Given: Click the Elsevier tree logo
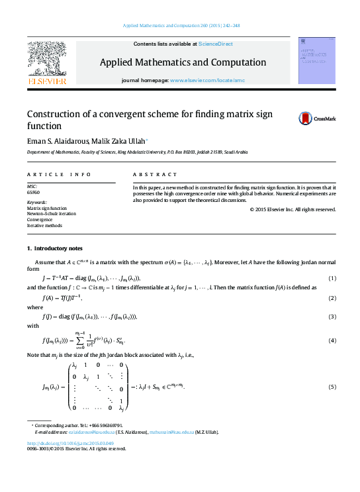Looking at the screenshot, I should (x=46, y=60).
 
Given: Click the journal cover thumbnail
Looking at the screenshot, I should (x=315, y=60).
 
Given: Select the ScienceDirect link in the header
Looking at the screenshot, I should (x=216, y=44).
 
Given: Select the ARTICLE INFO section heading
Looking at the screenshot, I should (x=59, y=174).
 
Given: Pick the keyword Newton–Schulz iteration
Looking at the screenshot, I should (x=50, y=213).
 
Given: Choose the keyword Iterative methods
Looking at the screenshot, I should (x=44, y=225).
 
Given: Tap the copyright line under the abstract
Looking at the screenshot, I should (x=293, y=209).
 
